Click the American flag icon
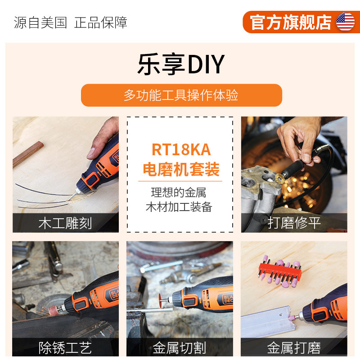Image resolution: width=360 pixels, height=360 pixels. [x=345, y=22]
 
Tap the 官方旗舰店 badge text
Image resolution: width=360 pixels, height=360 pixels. [x=290, y=22]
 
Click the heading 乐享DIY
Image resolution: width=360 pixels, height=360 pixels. [x=181, y=64]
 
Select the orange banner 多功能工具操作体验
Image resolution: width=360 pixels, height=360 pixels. [x=181, y=95]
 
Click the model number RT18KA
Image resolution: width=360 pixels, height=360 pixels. [x=181, y=150]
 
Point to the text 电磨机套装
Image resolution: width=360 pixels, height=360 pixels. [x=181, y=169]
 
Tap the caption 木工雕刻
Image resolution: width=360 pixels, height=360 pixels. [x=65, y=223]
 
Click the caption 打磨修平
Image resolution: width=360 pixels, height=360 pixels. [x=294, y=223]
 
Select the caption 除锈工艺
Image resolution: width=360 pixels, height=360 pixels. [x=65, y=347]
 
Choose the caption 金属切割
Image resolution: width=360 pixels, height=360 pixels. [x=179, y=347]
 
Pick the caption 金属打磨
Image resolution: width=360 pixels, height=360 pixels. [x=294, y=347]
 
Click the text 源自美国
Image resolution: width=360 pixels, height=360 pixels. [x=40, y=22]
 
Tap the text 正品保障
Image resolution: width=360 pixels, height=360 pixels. [x=100, y=22]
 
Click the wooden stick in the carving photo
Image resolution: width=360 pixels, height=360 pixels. [x=28, y=154]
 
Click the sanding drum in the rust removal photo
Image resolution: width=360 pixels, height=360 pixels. [x=54, y=310]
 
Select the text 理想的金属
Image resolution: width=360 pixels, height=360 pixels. [x=178, y=193]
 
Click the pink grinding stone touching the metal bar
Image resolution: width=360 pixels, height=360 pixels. [x=293, y=318]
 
